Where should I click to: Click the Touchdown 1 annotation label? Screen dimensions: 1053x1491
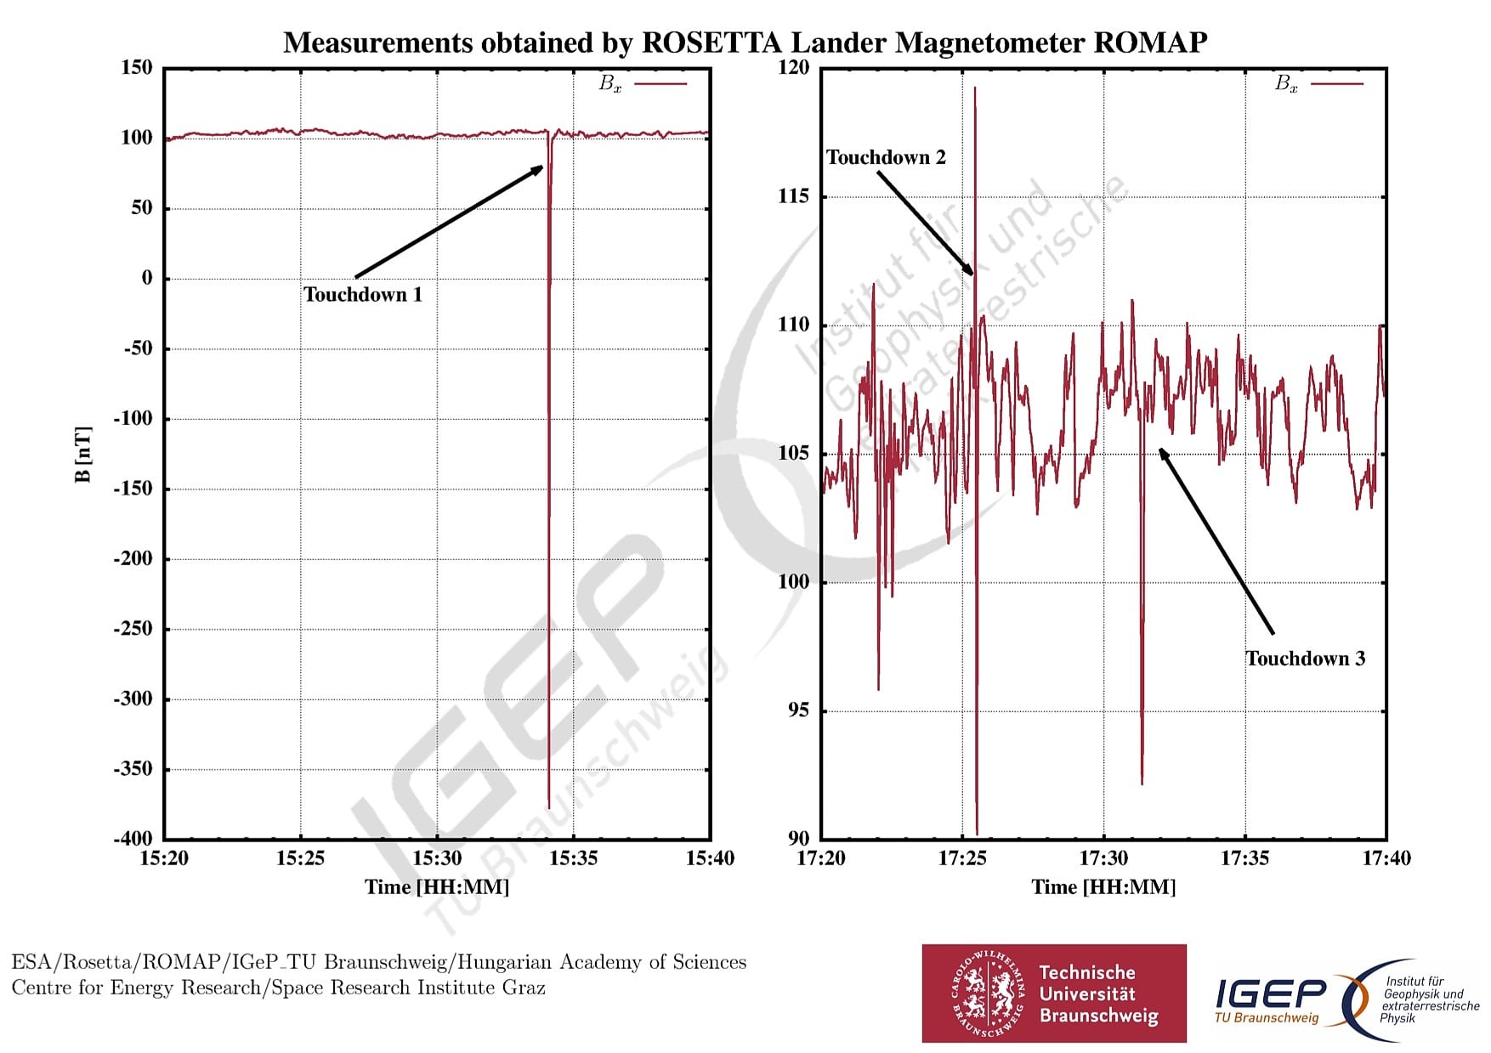coord(363,295)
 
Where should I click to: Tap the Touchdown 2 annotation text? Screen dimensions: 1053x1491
coord(886,158)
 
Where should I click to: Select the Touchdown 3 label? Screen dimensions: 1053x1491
coord(1305,659)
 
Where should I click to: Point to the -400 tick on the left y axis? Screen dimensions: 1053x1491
coord(133,838)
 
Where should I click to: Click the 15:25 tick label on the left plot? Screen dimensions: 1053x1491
coord(300,858)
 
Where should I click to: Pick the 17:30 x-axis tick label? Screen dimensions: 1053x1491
coord(1103,858)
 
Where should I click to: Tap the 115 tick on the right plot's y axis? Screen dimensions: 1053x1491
coord(793,196)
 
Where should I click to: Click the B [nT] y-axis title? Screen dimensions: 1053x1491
coord(82,454)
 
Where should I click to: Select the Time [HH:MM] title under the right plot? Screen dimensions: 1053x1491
coord(1103,887)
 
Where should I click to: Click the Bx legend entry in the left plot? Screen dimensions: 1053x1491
coord(642,83)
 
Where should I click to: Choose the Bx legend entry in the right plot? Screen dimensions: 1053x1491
coord(1318,83)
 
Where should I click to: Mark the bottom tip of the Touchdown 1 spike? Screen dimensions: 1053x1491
coord(549,807)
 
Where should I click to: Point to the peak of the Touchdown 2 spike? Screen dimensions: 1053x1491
coord(975,88)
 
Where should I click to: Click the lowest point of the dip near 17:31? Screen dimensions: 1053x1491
coord(1142,783)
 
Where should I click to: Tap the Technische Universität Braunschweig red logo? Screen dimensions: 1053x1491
coord(1053,993)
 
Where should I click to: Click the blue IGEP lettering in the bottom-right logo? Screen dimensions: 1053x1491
coord(1270,993)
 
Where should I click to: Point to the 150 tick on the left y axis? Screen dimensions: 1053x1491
coord(137,68)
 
